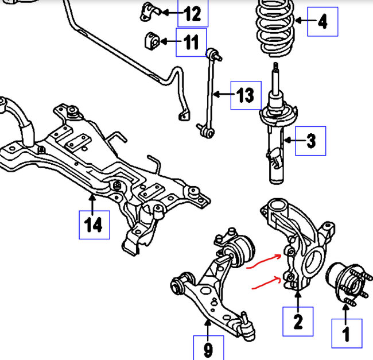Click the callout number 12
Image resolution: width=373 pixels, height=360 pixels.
coord(193,14)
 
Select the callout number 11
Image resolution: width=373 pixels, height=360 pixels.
coord(191,42)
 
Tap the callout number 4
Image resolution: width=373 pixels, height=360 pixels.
coord(323,22)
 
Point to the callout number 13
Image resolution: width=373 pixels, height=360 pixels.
coord(246,95)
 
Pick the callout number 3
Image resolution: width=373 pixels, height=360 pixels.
coord(311,141)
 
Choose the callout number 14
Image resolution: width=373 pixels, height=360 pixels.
coord(94,224)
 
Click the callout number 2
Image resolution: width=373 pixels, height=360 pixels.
coord(298,322)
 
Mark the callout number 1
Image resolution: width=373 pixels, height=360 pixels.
coord(346,334)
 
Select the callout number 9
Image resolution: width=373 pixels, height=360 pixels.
coord(208,350)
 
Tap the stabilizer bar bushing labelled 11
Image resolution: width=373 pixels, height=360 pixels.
coord(151,41)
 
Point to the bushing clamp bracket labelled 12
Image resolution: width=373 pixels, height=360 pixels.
coord(150,11)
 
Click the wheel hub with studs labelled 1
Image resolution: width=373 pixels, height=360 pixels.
coord(348,283)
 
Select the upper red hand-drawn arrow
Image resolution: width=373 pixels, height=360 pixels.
coord(263,261)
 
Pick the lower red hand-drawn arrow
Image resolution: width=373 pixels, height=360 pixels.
coord(266,282)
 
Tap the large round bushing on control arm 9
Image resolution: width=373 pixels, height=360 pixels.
coord(240,251)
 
